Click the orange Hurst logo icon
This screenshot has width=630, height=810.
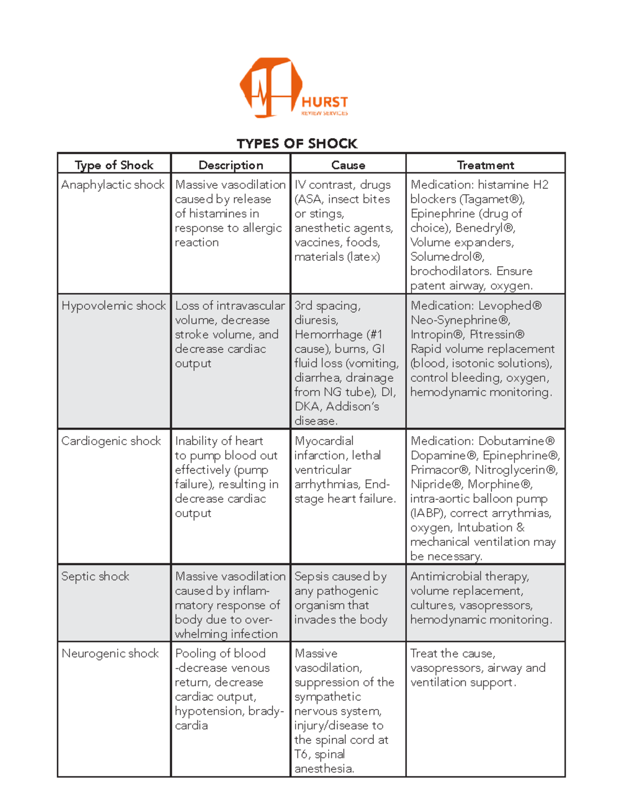tap(270, 87)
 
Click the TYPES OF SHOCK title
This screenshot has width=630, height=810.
tap(297, 143)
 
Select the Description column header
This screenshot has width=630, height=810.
tap(230, 165)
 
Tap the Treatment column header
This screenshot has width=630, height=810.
tap(485, 165)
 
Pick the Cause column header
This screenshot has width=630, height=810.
tap(348, 165)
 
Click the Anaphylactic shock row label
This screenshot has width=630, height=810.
tap(113, 185)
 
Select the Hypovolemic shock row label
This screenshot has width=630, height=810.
tap(113, 306)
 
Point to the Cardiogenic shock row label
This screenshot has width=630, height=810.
tap(111, 441)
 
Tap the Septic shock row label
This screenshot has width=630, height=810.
tap(95, 576)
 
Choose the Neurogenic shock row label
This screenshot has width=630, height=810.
tap(110, 654)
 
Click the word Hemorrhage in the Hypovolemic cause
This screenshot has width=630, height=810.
tap(329, 334)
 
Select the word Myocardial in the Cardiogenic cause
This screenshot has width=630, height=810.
tap(324, 441)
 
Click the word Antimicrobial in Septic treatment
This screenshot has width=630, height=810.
tap(446, 576)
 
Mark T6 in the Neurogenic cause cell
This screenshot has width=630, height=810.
tap(301, 754)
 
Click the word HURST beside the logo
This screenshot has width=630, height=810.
tap(324, 102)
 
